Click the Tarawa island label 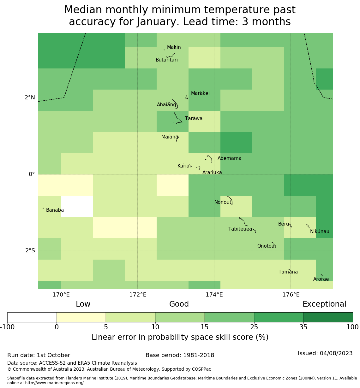194,119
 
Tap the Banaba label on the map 55,210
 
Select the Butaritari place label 167,60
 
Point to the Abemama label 230,158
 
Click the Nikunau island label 320,232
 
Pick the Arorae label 321,279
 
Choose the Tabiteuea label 240,229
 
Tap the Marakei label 200,93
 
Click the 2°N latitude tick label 30,98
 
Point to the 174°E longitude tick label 214,295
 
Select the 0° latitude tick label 32,174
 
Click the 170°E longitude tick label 61,295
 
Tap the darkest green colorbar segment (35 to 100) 328,317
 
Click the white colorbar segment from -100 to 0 32,317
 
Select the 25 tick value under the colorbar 254,327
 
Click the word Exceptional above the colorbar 324,304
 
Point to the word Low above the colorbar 83,304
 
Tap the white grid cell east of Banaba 77,207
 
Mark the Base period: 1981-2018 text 180,356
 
